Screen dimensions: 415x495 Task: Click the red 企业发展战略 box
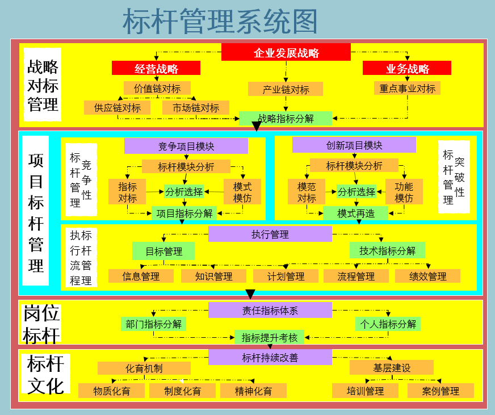tap(286, 53)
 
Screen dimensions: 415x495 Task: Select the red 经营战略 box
tap(156, 69)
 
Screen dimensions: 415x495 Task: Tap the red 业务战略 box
tap(407, 69)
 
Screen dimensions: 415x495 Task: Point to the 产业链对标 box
tap(286, 89)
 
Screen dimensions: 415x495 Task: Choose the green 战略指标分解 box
tap(286, 119)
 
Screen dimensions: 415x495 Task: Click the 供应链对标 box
tap(118, 107)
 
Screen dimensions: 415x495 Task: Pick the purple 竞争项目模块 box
tap(186, 146)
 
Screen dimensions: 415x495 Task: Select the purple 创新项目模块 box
tap(354, 145)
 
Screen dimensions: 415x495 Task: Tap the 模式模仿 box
tap(242, 192)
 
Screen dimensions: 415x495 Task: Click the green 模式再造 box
tap(356, 213)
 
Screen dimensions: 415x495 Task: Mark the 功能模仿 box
tap(404, 192)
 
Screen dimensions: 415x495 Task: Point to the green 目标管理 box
tap(163, 251)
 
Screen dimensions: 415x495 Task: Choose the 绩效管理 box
tap(427, 276)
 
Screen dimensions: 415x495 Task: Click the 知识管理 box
tap(213, 276)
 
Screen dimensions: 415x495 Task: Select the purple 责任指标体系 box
tap(270, 310)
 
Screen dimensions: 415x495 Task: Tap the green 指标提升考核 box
tap(270, 337)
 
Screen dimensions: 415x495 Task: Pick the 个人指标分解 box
tap(388, 324)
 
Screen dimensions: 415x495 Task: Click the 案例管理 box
tap(441, 391)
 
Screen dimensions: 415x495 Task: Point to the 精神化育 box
tap(253, 391)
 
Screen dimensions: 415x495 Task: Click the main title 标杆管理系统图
tap(220, 21)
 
